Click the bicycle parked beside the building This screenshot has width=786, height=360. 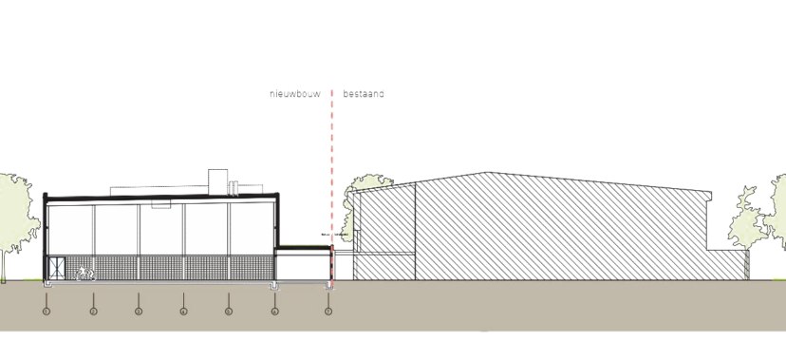(84, 275)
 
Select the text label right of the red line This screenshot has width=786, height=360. (365, 94)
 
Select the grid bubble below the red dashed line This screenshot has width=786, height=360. (328, 310)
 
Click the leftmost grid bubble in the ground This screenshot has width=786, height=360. (47, 310)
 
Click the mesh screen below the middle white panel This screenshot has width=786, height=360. (161, 268)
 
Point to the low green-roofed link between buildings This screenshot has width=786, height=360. (302, 250)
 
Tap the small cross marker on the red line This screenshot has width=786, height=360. (330, 232)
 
